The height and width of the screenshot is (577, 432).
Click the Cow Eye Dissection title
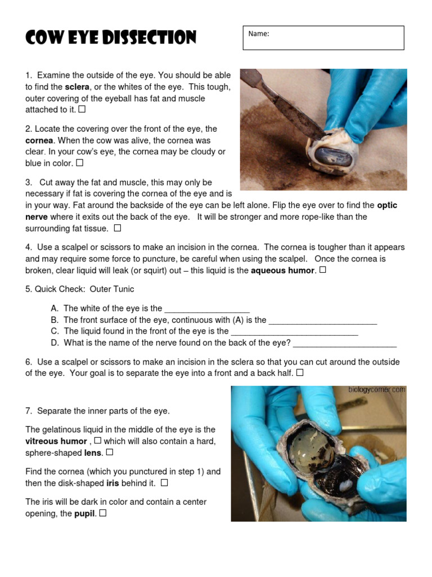point(110,38)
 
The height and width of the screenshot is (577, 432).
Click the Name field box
point(323,38)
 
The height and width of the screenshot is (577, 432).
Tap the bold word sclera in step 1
point(77,87)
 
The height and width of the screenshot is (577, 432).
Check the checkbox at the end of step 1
point(82,109)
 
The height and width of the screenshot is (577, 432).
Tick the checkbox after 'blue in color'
point(79,163)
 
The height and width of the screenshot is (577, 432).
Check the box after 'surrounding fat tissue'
point(117,228)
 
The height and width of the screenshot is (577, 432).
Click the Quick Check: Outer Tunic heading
point(80,289)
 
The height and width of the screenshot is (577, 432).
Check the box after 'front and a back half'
point(300,372)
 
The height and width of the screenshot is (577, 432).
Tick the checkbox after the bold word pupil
point(103,513)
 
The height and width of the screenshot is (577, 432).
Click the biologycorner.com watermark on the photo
point(376,389)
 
